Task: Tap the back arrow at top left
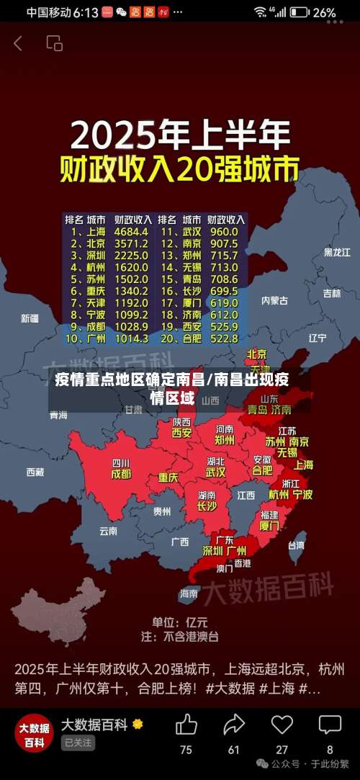18,43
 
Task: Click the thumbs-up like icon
186,724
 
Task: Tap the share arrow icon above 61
234,724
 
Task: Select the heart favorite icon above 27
282,724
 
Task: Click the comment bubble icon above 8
330,724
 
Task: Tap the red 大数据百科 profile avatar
34,734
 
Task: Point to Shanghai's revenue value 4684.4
131,232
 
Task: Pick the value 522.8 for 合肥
224,338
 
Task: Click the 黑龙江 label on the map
337,252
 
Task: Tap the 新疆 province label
30,318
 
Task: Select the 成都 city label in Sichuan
121,474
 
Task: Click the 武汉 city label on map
215,472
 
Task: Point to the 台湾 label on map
296,545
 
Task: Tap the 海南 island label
188,593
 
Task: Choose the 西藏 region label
35,472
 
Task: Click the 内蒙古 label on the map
274,300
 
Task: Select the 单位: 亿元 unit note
179,622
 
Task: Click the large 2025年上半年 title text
180,135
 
